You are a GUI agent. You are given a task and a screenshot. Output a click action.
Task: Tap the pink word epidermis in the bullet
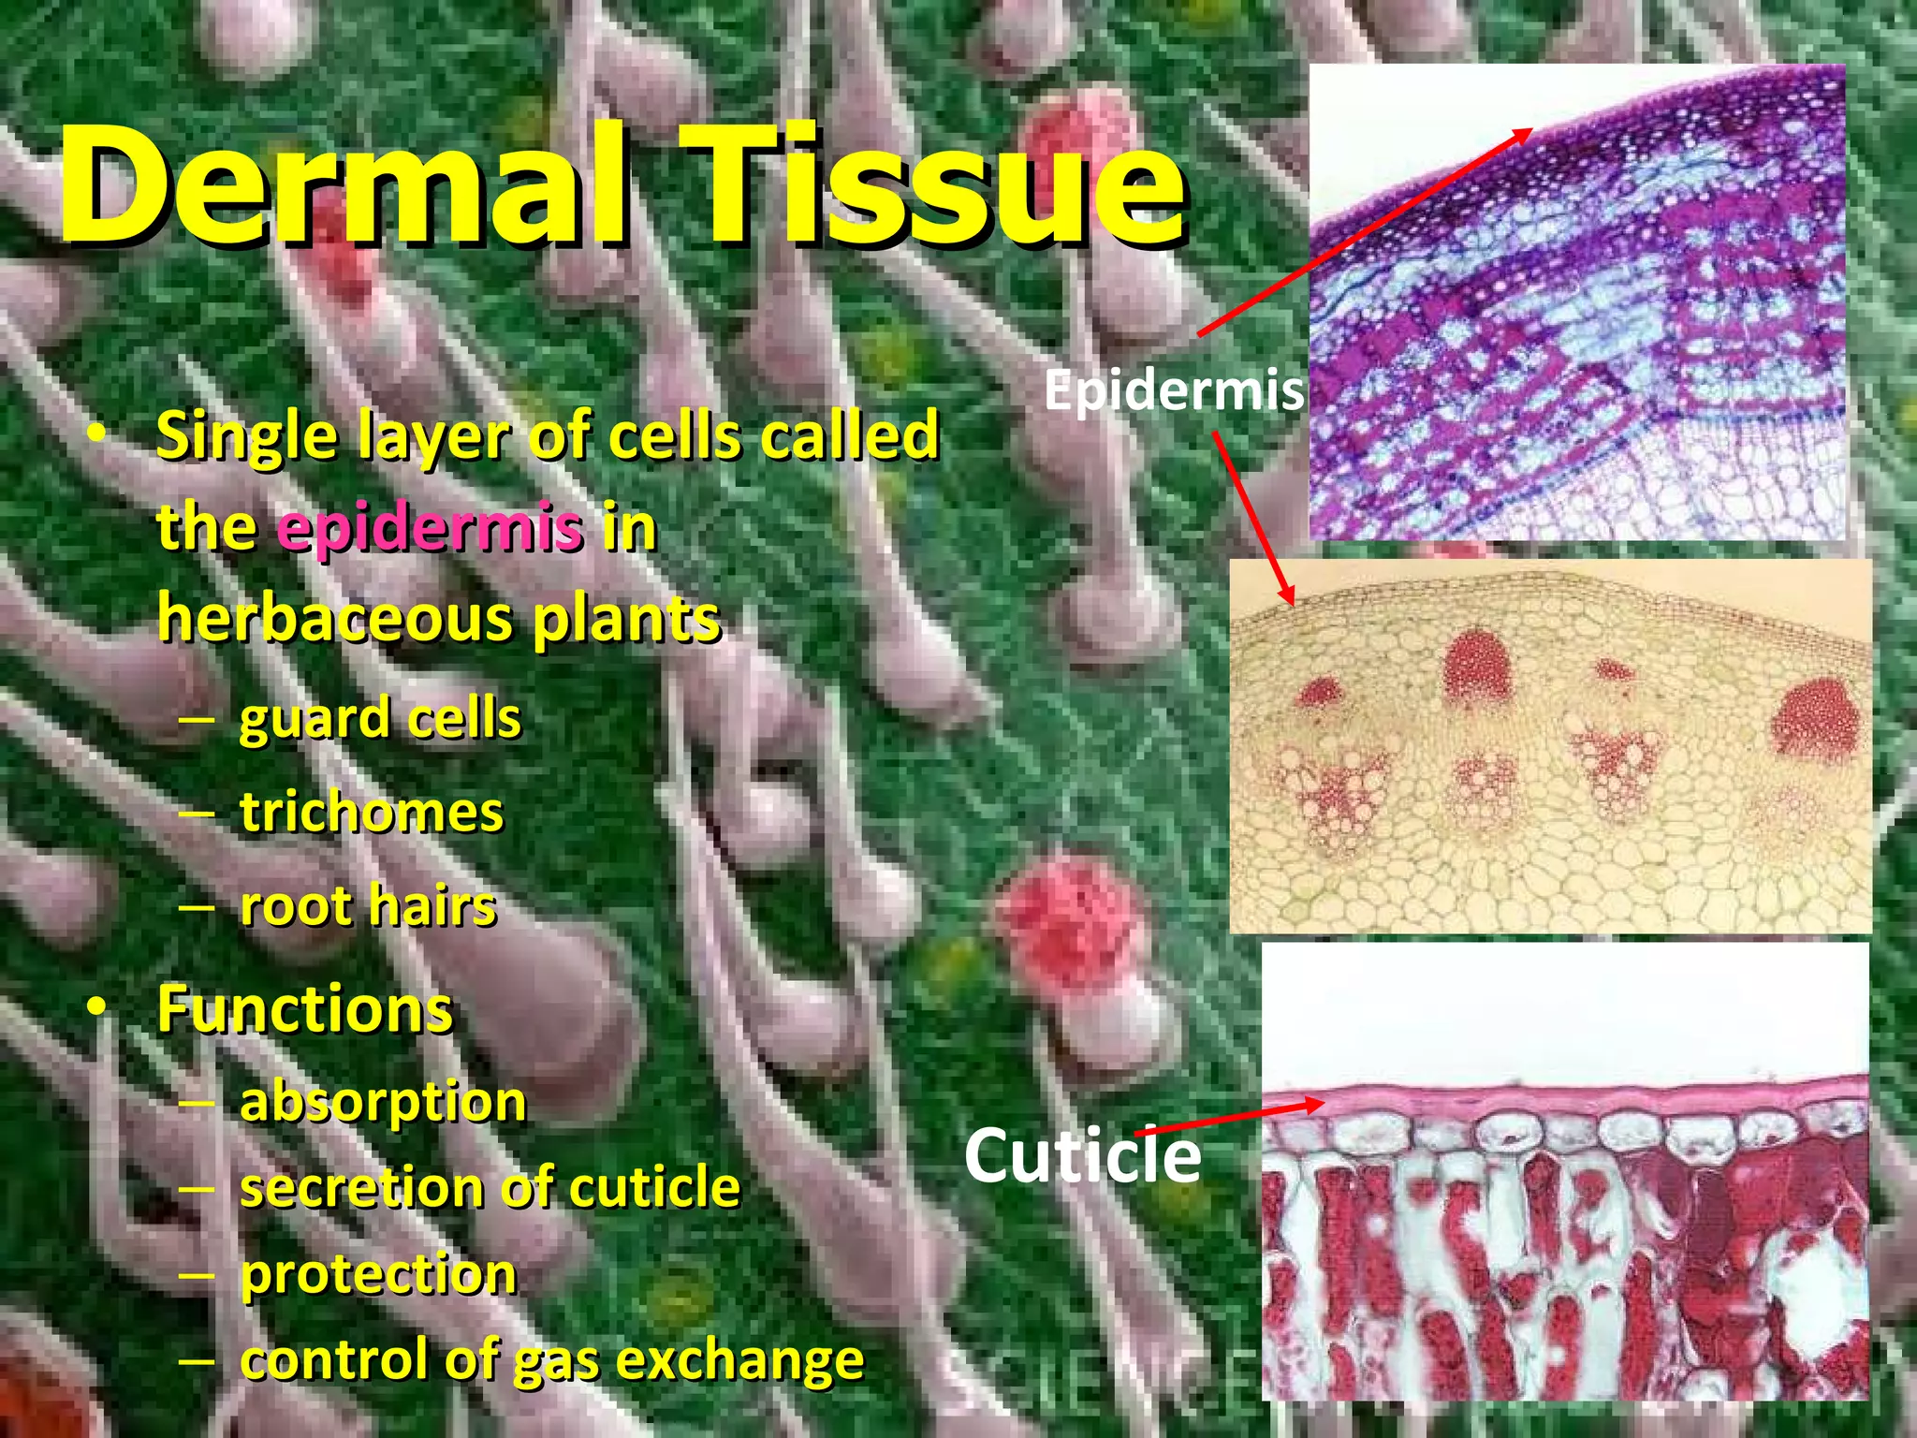point(430,528)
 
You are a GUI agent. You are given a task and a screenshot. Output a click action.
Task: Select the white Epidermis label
point(1174,389)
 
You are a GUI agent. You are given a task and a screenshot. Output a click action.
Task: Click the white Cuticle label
point(1082,1155)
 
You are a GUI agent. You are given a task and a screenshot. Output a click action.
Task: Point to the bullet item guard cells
point(379,719)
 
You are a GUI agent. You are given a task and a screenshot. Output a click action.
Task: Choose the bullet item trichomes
point(372,812)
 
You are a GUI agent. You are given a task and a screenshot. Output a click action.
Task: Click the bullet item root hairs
point(368,905)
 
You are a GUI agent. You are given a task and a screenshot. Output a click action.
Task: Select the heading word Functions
point(305,1009)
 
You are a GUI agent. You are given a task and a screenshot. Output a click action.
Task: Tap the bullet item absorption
point(383,1102)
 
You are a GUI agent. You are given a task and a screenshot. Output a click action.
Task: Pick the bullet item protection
point(378,1274)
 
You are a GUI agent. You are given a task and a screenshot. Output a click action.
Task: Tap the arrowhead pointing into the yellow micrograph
point(1289,596)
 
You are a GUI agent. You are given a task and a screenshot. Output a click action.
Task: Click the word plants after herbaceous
point(626,619)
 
